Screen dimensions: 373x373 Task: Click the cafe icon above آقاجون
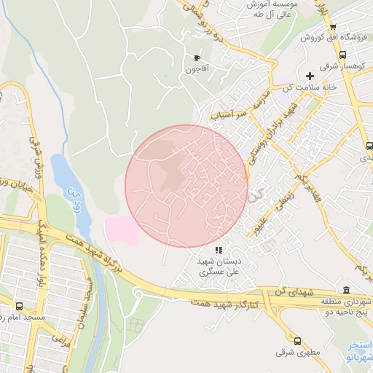coord(197,58)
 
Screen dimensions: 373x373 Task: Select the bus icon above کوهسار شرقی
coord(342,54)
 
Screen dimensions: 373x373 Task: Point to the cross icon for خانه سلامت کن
coord(310,76)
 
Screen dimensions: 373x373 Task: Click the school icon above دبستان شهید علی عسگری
coord(219,250)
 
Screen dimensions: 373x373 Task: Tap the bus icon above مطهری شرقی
coord(297,340)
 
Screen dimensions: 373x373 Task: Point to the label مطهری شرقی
coord(292,353)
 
